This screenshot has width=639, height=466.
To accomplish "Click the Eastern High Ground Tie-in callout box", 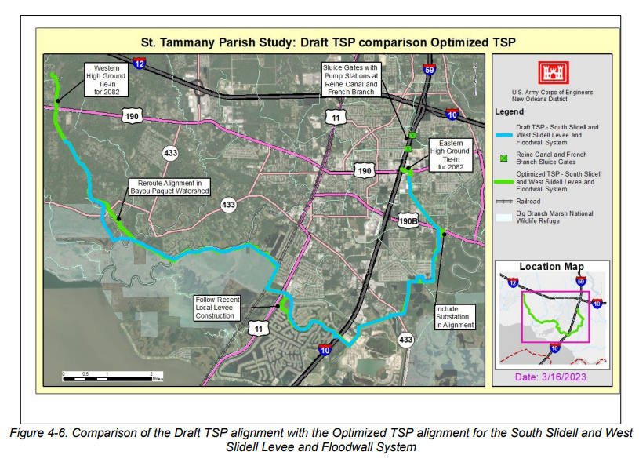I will (x=452, y=154).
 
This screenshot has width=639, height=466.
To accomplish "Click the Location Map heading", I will (x=551, y=267).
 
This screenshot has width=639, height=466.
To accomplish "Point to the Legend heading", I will (x=510, y=112).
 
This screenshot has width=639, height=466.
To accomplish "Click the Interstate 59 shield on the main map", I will (x=428, y=71).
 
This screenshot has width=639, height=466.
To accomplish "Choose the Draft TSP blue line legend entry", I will (x=557, y=134).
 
